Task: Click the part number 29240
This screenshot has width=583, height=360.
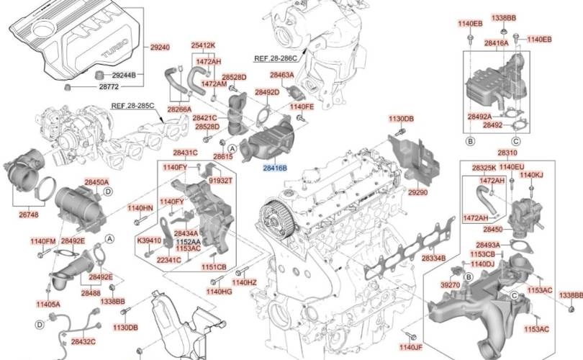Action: coord(160,48)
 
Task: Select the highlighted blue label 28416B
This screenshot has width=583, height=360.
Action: coord(275,168)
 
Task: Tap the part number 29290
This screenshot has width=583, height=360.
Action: coord(418,192)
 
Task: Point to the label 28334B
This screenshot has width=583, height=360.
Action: coord(433,258)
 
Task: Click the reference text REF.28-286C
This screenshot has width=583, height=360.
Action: coord(276,58)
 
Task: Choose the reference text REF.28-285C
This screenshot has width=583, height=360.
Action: coord(132,106)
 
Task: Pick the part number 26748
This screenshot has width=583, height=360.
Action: coord(29,215)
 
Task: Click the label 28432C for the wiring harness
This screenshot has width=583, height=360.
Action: coord(83,341)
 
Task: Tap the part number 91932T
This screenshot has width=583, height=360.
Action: coord(220,181)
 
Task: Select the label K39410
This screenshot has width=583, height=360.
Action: coord(149,240)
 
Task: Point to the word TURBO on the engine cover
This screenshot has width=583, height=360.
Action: coord(115,49)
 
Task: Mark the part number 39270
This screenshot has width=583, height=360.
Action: coord(451,285)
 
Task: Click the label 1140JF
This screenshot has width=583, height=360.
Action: coord(411,347)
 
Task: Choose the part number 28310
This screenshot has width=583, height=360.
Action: coord(507,153)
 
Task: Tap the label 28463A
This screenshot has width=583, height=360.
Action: coord(282,75)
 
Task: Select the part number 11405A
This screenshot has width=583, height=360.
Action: coord(48,305)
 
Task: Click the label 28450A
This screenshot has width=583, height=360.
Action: coord(96,182)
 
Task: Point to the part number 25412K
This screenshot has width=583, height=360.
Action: coord(204,45)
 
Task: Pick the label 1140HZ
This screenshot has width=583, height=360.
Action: coord(244,283)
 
